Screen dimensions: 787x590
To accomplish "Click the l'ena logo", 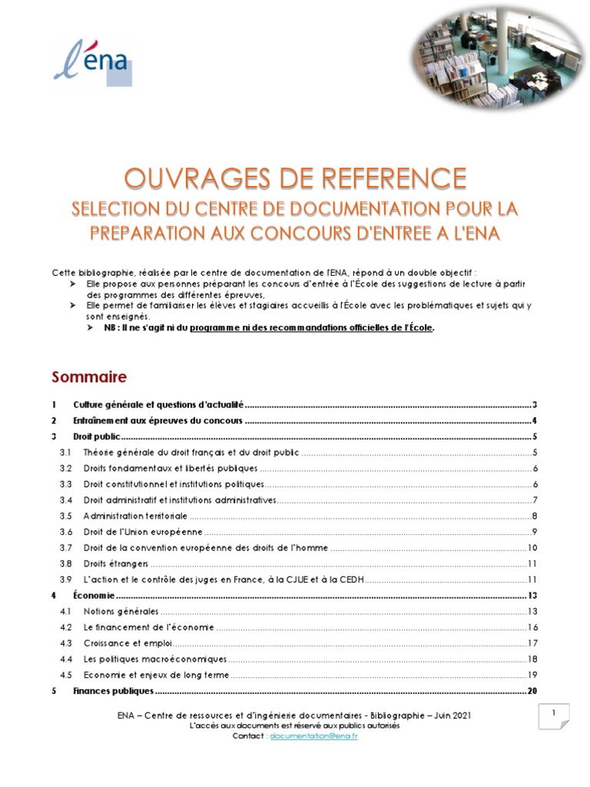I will click(93, 62).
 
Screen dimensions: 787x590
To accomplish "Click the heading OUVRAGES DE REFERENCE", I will click(295, 179).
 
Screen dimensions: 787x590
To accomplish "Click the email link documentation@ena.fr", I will click(313, 736).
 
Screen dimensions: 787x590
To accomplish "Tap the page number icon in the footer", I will click(553, 716).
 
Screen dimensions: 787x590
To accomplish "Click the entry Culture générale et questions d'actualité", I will click(158, 404).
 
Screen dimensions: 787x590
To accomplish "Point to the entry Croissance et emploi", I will click(128, 643).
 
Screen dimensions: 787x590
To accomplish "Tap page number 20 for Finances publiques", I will click(532, 691).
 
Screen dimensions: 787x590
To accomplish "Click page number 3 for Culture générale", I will click(534, 404).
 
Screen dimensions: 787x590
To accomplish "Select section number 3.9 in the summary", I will click(66, 579).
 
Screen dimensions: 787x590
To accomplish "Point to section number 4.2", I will click(66, 627).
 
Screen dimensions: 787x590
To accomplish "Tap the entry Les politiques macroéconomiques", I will click(154, 659).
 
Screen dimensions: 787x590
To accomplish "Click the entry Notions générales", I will click(121, 611).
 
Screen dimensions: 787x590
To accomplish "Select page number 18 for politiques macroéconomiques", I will click(532, 659).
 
